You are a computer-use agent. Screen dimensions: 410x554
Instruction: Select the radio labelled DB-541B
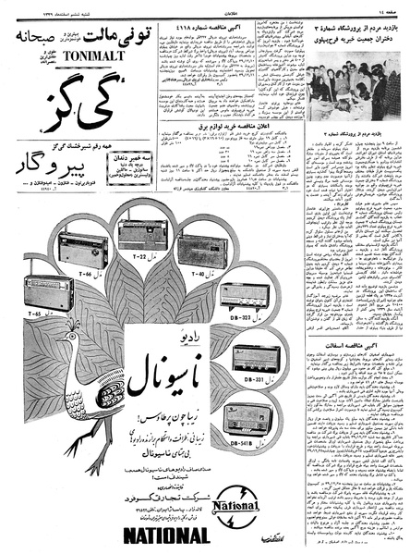tap(251, 412)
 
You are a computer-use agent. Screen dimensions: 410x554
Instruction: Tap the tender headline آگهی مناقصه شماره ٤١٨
tap(201, 29)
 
